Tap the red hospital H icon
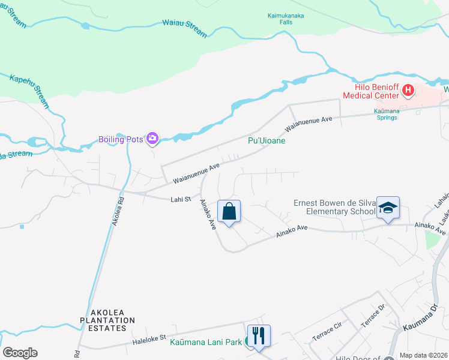409,91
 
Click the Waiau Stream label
184,26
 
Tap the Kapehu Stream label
29,88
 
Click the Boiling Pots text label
121,139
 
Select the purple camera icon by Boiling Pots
152,139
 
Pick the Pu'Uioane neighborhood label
267,140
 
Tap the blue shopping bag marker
229,211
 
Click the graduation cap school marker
388,208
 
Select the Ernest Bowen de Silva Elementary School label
334,207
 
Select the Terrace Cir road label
327,335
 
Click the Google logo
20,353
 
